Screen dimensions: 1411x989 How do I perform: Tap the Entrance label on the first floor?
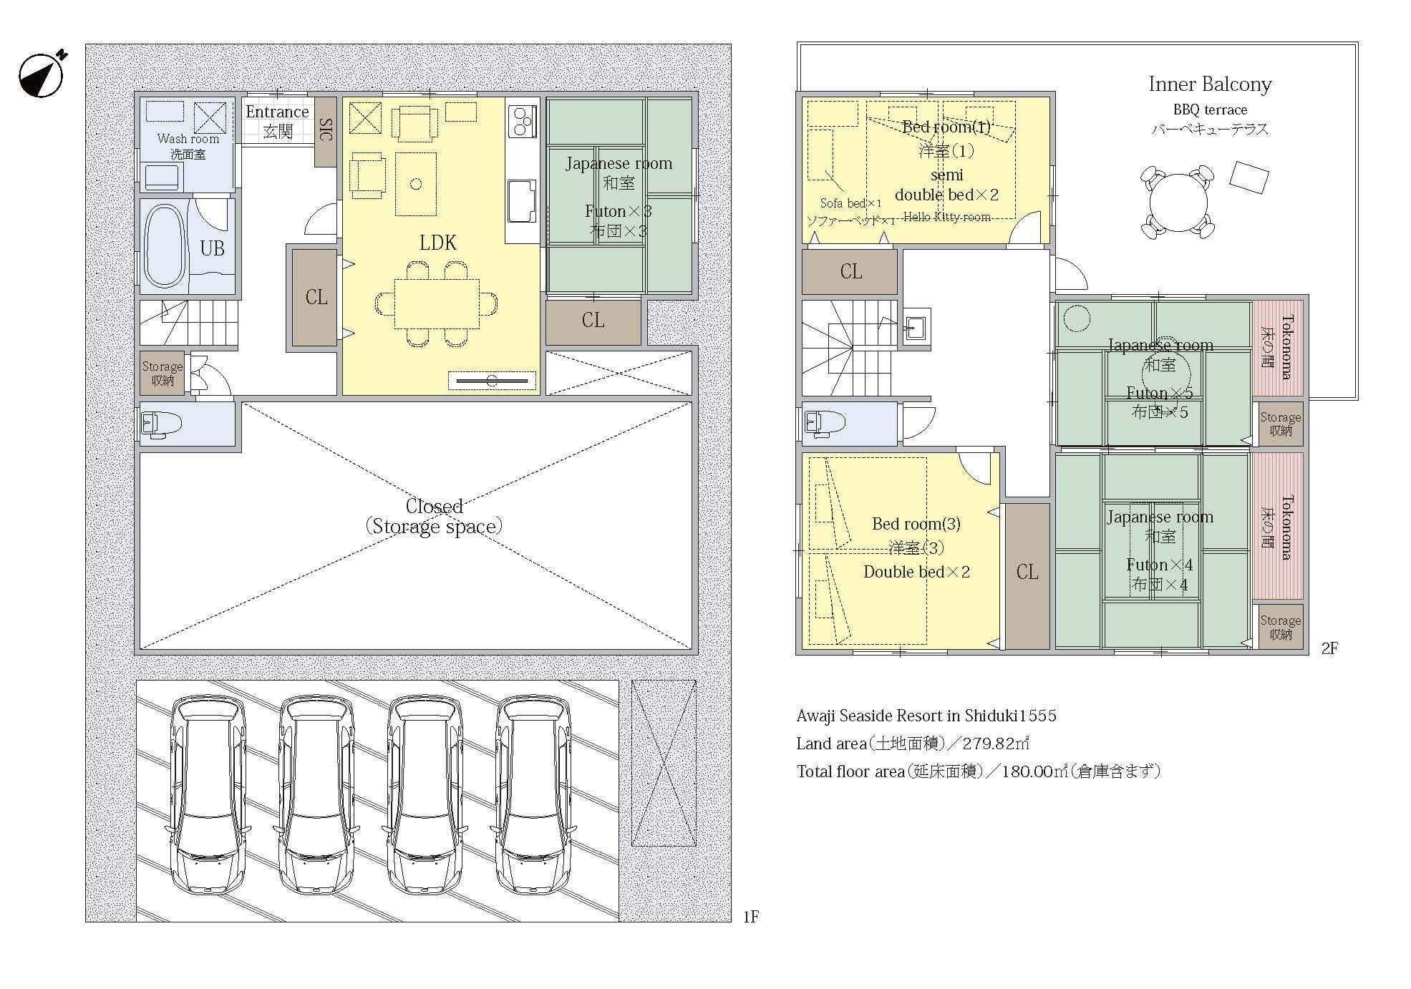pos(277,112)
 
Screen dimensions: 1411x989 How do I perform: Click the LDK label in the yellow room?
pos(437,243)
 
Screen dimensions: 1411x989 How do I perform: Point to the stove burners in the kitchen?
pos(523,121)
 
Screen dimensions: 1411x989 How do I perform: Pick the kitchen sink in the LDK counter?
pos(522,202)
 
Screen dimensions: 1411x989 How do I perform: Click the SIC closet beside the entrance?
pos(326,132)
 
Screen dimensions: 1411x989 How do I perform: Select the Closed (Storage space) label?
pos(434,517)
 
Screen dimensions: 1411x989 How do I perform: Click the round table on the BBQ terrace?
pos(1178,202)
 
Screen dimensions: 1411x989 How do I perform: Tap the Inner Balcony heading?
pos(1210,84)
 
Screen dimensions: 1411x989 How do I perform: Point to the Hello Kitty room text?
pos(947,217)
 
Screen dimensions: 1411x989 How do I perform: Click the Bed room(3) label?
pos(916,524)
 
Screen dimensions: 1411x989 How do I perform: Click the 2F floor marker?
pos(1329,649)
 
